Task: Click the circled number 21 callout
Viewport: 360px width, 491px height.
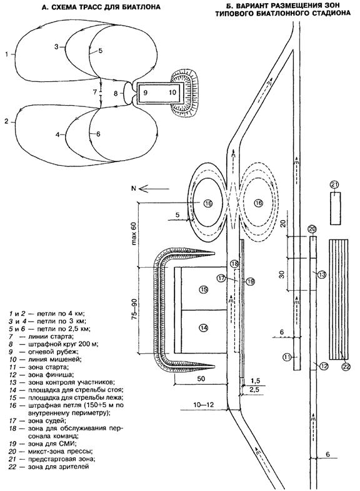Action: coord(334,185)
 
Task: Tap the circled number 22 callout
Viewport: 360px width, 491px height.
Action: coord(345,367)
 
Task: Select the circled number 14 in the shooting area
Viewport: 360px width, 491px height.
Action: coord(204,328)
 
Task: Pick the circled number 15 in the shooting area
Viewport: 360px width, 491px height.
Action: coord(204,290)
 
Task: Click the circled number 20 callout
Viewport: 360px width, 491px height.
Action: coord(312,230)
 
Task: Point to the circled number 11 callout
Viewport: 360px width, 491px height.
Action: coord(287,357)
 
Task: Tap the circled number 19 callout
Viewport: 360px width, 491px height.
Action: coord(250,281)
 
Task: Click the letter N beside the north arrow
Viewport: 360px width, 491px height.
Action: coord(134,188)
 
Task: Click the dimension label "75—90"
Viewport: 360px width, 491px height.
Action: coord(134,310)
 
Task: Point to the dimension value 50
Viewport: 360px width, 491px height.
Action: coord(201,378)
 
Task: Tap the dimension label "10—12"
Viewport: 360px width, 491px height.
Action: coord(204,405)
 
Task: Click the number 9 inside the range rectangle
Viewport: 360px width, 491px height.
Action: coord(145,93)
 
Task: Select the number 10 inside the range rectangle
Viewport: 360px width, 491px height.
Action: coord(172,93)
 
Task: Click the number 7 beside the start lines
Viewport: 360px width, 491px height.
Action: coord(95,92)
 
